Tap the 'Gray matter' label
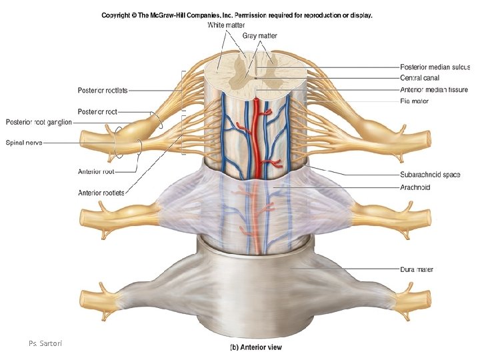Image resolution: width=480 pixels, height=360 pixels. point(260,36)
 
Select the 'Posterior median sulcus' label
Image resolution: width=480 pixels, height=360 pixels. point(435,67)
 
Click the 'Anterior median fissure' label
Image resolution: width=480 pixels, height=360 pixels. point(433,89)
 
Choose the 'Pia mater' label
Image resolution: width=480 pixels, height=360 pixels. point(415,101)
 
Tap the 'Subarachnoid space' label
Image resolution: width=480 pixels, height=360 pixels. point(430,175)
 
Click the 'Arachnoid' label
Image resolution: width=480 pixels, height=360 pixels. point(415,187)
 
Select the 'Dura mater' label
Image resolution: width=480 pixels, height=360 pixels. point(417,269)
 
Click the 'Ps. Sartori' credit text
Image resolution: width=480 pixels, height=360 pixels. point(44,343)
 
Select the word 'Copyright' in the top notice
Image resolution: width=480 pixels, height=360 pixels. point(117,14)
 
